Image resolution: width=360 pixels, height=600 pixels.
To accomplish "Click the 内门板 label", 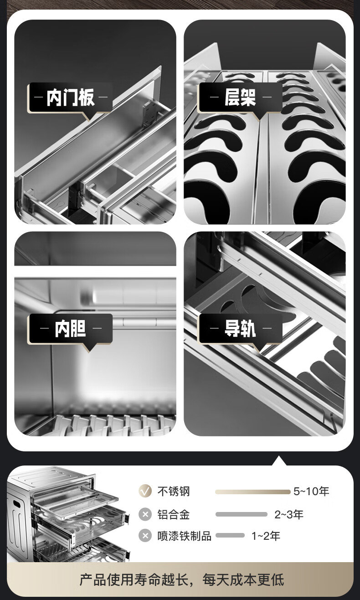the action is pyautogui.click(x=71, y=98).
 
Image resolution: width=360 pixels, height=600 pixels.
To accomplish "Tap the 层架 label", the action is pyautogui.click(x=240, y=98).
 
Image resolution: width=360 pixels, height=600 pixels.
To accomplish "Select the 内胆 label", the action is pyautogui.click(x=70, y=328).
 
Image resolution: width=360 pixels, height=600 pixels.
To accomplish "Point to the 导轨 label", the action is pyautogui.click(x=240, y=328).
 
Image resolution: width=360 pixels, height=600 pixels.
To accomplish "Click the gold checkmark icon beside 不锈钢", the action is pyautogui.click(x=145, y=491).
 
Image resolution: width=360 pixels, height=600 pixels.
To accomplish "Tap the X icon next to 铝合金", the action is pyautogui.click(x=145, y=514).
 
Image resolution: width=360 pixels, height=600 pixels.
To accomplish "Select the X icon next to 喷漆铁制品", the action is pyautogui.click(x=145, y=536).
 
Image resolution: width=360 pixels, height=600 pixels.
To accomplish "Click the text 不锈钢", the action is pyautogui.click(x=174, y=491).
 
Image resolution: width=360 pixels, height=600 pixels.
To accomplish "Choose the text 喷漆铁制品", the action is pyautogui.click(x=185, y=536).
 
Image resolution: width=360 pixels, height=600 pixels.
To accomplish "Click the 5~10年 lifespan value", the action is pyautogui.click(x=311, y=491).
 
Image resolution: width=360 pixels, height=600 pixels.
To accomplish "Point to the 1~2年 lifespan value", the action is pyautogui.click(x=266, y=536).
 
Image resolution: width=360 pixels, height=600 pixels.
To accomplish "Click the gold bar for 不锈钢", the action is pyautogui.click(x=252, y=492).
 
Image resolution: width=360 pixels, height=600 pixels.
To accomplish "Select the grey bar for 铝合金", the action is pyautogui.click(x=242, y=514).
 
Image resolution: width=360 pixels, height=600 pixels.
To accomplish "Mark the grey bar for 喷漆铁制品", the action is pyautogui.click(x=230, y=536).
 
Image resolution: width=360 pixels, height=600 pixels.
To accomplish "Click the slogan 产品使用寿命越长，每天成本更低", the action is pyautogui.click(x=182, y=580).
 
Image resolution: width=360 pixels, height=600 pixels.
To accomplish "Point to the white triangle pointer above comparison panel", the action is pyautogui.click(x=279, y=461).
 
